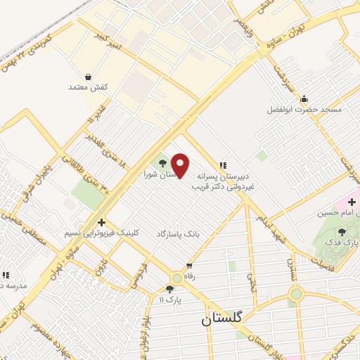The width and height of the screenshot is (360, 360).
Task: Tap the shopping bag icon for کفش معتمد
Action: [x=88, y=76]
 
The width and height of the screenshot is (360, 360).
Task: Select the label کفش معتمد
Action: [x=88, y=87]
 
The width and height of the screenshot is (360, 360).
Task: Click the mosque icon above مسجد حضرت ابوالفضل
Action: [x=304, y=98]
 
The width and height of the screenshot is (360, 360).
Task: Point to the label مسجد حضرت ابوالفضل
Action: [x=304, y=110]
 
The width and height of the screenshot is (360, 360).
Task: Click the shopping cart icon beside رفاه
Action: [x=188, y=266]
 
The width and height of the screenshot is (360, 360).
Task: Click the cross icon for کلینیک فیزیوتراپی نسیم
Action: [x=101, y=222]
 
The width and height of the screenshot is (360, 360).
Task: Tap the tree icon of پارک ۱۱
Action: [x=169, y=288]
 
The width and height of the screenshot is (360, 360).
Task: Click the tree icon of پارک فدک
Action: [x=342, y=231]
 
